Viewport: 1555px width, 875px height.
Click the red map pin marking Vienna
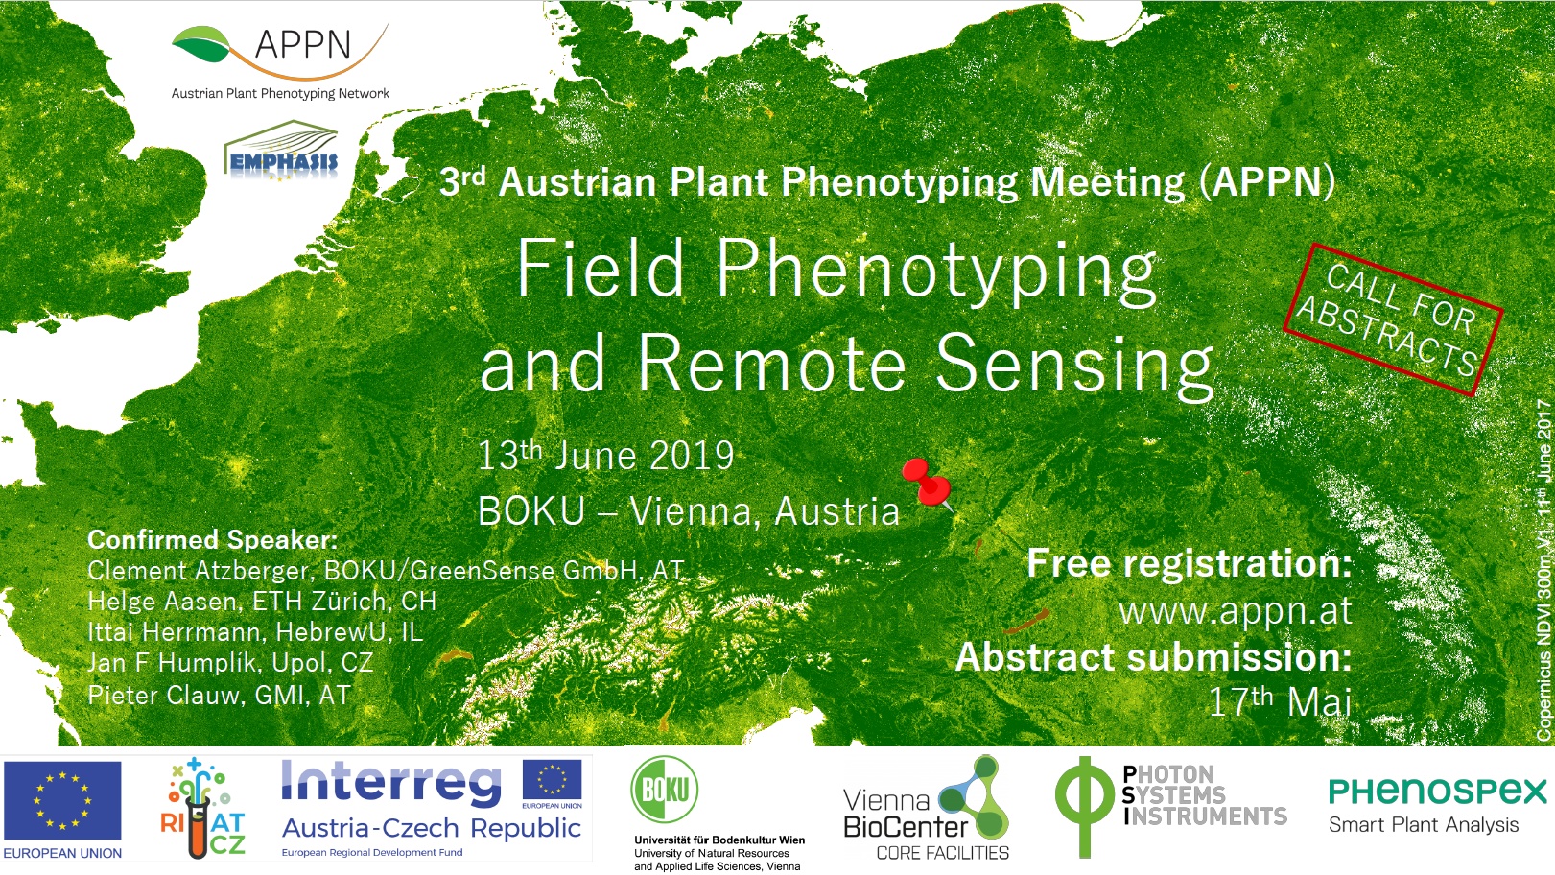[x=926, y=483]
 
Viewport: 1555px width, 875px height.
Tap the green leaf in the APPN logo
[x=201, y=44]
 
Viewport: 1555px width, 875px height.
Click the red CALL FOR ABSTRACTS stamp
[x=1393, y=319]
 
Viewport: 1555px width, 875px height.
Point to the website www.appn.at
[x=1236, y=611]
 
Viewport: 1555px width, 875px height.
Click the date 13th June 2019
[x=605, y=456]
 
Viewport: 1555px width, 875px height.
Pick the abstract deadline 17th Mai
[x=1280, y=701]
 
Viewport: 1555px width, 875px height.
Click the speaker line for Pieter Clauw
[x=220, y=695]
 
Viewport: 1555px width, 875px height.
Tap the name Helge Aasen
[x=162, y=602]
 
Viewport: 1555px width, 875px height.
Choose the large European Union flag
[x=62, y=801]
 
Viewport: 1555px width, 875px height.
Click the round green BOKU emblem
[x=665, y=790]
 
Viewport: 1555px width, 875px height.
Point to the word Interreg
[x=390, y=785]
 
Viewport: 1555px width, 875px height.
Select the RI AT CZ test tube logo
[x=202, y=808]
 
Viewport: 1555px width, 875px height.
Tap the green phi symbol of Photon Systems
[x=1084, y=807]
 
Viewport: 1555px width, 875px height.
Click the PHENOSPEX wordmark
[x=1438, y=792]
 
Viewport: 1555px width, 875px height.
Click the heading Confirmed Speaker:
[x=212, y=539]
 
